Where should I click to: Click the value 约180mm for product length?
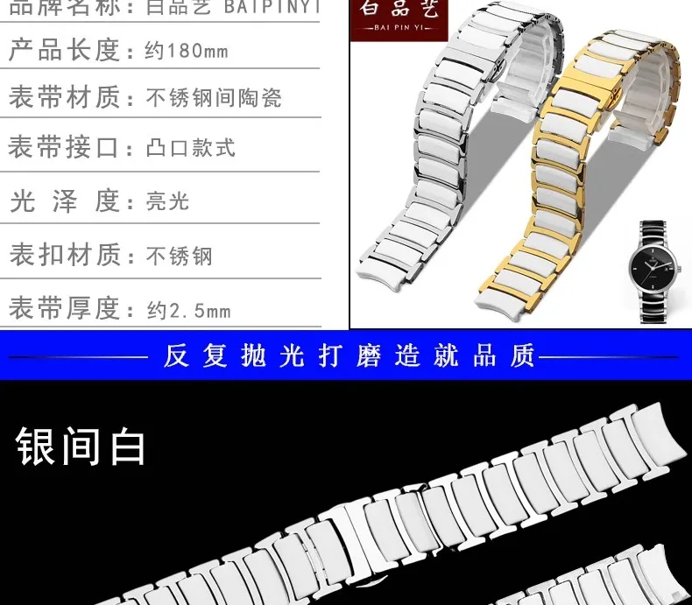coord(187,51)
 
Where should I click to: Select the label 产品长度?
coord(64,49)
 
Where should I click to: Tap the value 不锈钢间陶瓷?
coord(214,98)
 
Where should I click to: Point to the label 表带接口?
coord(64,147)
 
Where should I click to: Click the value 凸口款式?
coord(191,147)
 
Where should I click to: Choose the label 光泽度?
coord(64,201)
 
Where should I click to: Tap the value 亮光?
coord(167,201)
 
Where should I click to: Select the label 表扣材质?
coord(64,255)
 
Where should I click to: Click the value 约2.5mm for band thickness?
coord(189,310)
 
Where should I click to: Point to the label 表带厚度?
coord(64,308)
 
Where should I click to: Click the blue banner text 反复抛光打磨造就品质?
coord(349,356)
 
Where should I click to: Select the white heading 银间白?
coord(81,447)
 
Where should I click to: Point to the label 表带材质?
coord(64,96)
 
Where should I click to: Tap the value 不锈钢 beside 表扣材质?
coord(180,256)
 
